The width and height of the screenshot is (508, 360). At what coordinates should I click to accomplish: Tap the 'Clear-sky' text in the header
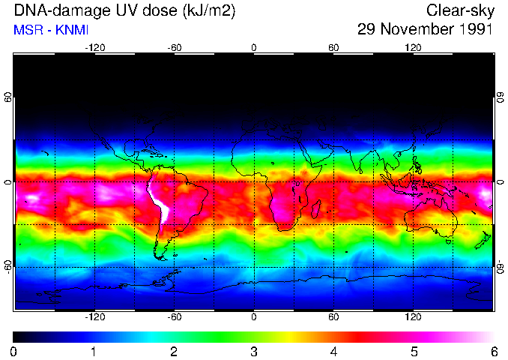[459, 10]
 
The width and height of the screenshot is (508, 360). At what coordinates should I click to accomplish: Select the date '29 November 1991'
[425, 30]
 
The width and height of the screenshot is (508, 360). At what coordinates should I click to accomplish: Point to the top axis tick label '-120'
[94, 48]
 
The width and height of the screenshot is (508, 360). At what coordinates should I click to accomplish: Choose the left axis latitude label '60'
[7, 98]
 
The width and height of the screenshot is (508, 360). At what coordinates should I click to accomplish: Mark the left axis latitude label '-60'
[7, 266]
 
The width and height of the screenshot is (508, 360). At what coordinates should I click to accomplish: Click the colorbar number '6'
[493, 351]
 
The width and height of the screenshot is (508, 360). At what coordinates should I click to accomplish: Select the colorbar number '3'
[253, 351]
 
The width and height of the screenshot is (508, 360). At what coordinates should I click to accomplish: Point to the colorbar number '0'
[14, 351]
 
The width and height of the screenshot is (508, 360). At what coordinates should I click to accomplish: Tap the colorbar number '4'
[333, 351]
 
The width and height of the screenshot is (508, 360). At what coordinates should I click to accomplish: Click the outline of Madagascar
[317, 208]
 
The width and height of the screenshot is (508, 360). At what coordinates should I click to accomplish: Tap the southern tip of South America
[160, 257]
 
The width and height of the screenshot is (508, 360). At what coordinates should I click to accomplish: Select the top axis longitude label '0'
[254, 48]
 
